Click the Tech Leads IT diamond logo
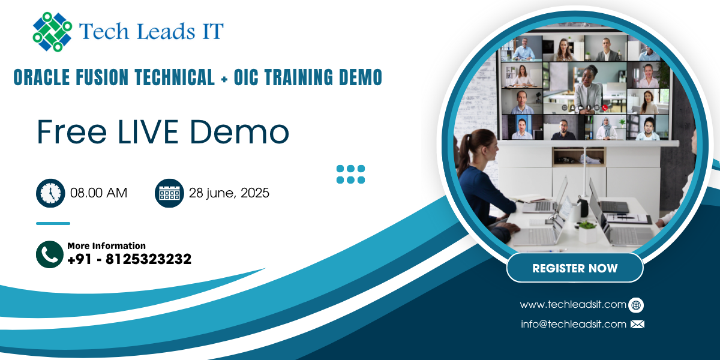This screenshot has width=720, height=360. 52,32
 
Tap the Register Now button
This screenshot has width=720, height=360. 575,268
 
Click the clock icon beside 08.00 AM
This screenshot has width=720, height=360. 50,193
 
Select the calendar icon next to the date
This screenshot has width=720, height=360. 169,193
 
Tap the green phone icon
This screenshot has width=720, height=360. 50,254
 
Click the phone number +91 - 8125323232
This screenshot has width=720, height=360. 129,259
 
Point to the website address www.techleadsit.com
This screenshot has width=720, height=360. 573,304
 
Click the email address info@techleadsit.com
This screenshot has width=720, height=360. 574,324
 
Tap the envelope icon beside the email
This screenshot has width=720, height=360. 637,324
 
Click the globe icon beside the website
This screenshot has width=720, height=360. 636,305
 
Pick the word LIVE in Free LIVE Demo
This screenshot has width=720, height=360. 148,132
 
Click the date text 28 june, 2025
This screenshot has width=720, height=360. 229,193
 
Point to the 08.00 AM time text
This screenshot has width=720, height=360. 98,193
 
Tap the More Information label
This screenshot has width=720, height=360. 106,246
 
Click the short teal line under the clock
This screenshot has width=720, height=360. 53,223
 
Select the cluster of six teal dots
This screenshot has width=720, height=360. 350,174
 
